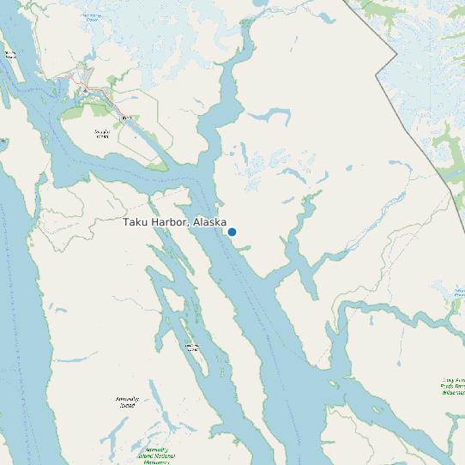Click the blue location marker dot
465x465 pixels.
[x=232, y=232]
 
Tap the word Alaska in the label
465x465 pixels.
[x=209, y=222]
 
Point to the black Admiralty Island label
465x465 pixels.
[x=126, y=402]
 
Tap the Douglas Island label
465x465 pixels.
[x=101, y=133]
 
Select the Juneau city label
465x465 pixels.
[x=125, y=117]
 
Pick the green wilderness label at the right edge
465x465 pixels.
[x=452, y=385]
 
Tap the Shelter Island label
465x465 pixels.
[x=10, y=55]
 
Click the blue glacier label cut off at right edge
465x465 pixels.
[x=460, y=294]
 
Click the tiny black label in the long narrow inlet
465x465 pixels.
[x=192, y=347]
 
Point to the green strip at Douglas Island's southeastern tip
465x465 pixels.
[x=154, y=165]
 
